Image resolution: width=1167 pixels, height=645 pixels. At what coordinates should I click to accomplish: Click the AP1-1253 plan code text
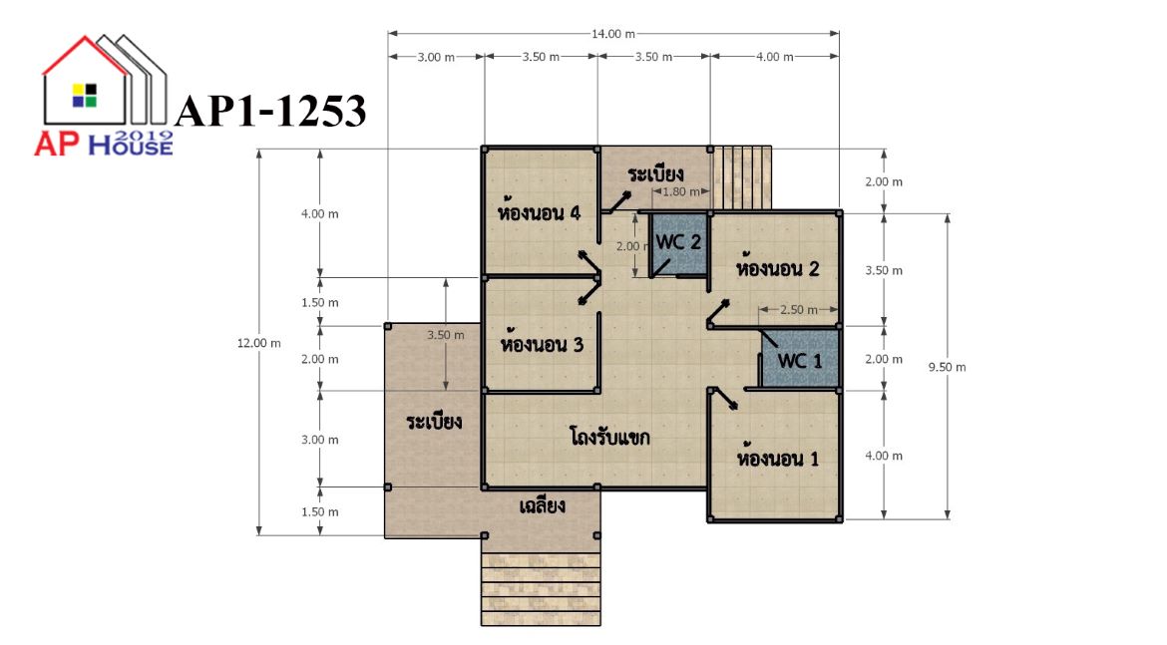click(270, 112)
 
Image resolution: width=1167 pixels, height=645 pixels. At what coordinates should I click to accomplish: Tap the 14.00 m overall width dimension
click(613, 34)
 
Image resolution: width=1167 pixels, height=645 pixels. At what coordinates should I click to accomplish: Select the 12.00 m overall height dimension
click(259, 343)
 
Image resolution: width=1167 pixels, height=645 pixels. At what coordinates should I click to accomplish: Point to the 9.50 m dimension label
click(947, 367)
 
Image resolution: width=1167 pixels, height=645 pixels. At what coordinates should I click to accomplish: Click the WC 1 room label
click(800, 361)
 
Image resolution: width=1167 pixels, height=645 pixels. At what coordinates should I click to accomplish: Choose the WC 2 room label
click(678, 242)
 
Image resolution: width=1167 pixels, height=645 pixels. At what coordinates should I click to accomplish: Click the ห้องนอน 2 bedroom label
click(778, 267)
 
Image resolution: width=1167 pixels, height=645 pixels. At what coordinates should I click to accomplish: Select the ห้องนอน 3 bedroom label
click(542, 344)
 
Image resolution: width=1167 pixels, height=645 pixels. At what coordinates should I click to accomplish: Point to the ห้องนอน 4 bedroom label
click(539, 212)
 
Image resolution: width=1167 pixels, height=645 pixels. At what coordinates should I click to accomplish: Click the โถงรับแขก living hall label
click(609, 436)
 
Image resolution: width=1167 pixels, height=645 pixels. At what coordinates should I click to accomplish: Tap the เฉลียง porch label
click(542, 505)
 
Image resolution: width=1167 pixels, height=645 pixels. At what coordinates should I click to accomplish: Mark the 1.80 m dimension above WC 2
click(680, 191)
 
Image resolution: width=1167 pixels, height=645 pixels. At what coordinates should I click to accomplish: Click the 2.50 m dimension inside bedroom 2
click(798, 309)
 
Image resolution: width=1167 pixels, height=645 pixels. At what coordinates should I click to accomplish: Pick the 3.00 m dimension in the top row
click(436, 57)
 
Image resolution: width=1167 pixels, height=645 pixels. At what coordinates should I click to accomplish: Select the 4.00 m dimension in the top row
click(775, 57)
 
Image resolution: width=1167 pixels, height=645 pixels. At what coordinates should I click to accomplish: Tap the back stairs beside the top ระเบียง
click(742, 177)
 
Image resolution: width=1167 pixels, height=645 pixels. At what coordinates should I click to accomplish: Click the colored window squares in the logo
click(84, 96)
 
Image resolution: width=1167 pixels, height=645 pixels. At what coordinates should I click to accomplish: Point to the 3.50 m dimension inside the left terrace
click(445, 335)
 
